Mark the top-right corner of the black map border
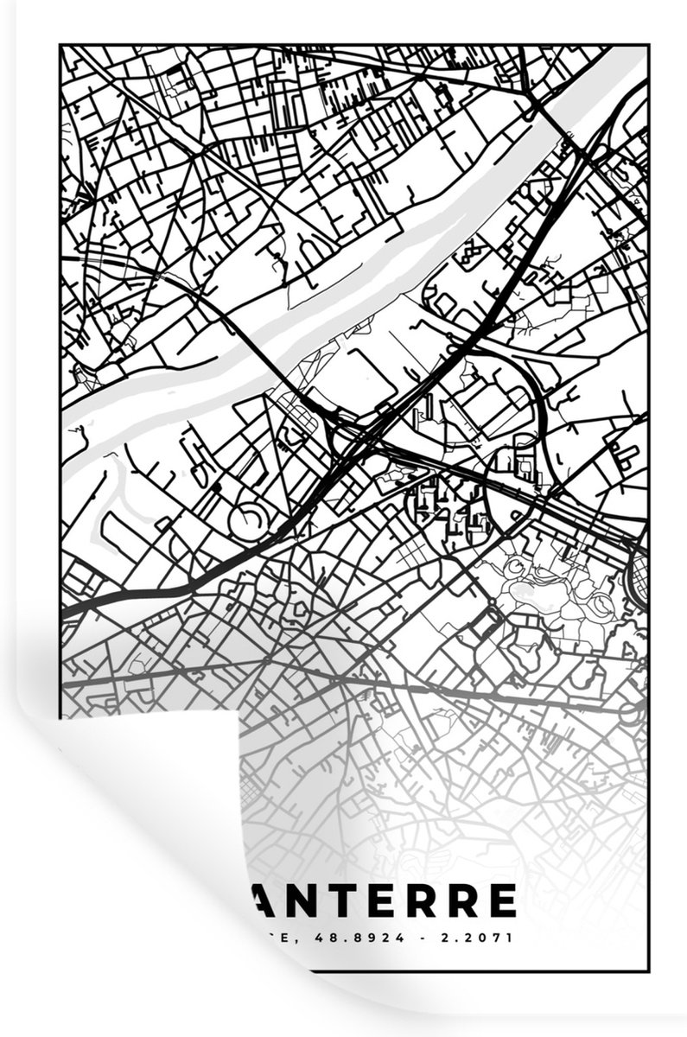pyautogui.click(x=647, y=46)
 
